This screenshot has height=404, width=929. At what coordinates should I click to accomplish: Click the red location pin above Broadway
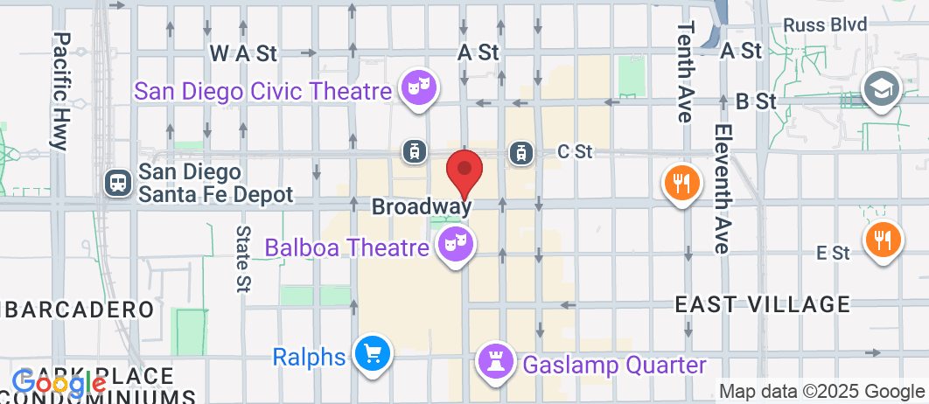point(464,171)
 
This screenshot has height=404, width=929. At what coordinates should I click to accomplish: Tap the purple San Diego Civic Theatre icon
point(420,87)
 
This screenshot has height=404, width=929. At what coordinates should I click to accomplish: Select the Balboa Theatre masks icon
point(457,243)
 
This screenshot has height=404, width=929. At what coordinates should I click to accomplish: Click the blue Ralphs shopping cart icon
point(372,354)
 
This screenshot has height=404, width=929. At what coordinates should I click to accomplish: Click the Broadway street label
point(422,207)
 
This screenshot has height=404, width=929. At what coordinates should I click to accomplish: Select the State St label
point(242,258)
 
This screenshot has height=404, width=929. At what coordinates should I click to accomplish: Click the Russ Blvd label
point(825,24)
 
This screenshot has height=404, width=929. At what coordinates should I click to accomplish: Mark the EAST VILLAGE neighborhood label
point(763,304)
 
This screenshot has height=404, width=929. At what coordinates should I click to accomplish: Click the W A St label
point(243,53)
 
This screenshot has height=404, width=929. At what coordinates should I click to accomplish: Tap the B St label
point(757,101)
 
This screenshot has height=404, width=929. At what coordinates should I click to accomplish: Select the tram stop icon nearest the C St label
point(521,153)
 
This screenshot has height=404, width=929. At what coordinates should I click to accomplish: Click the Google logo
point(59,382)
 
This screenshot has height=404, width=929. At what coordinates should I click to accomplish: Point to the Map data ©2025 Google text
point(822,391)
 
